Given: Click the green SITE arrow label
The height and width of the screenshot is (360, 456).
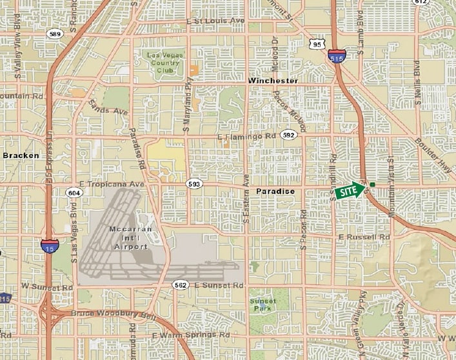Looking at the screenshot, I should (x=349, y=191).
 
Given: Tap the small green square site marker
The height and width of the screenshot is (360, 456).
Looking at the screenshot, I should (x=372, y=185).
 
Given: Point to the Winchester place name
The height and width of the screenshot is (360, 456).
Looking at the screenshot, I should (x=273, y=81).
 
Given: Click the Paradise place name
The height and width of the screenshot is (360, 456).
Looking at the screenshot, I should (x=275, y=192).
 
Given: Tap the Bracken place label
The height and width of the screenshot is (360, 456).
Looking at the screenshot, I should (x=21, y=155).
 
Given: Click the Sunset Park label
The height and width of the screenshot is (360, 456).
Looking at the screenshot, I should (x=263, y=305).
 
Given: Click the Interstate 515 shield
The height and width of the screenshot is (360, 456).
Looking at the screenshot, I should (x=335, y=55).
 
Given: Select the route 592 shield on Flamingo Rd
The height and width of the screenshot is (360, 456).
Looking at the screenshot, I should (x=288, y=135).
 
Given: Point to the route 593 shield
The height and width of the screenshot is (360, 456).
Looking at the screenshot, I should (x=194, y=185).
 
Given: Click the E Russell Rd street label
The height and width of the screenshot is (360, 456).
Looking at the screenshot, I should (x=365, y=237).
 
